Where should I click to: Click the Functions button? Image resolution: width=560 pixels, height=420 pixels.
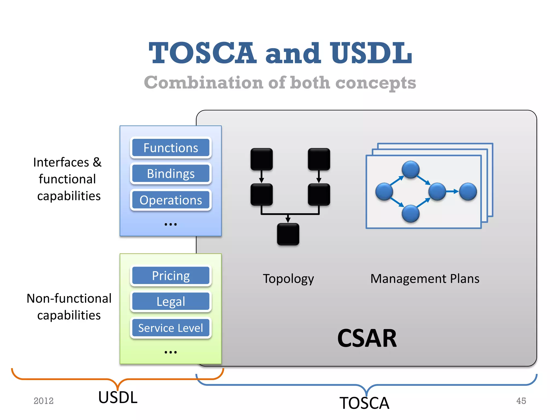(171, 148)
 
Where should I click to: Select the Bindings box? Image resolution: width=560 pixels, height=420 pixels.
(171, 173)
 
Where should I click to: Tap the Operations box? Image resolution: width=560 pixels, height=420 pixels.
(171, 200)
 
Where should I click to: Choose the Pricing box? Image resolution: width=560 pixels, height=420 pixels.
(171, 276)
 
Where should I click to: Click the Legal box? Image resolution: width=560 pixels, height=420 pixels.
(171, 301)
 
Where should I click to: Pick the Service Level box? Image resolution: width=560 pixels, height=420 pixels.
(171, 328)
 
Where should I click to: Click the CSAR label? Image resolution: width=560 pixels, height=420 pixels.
(367, 338)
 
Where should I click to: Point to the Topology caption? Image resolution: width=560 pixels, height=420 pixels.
(288, 279)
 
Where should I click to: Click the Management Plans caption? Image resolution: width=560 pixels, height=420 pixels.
(425, 279)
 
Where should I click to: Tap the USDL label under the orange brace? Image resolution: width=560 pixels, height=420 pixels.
(118, 397)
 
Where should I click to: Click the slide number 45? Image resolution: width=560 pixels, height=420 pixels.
(521, 401)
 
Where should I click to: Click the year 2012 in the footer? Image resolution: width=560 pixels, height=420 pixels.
(43, 401)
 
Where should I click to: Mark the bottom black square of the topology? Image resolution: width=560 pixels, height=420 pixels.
(288, 234)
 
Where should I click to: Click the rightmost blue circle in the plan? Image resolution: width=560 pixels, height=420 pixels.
(468, 192)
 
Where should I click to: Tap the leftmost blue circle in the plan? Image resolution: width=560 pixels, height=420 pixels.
(384, 192)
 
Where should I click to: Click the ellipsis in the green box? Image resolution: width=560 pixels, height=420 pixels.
(171, 352)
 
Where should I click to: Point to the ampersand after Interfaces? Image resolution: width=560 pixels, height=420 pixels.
(97, 162)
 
